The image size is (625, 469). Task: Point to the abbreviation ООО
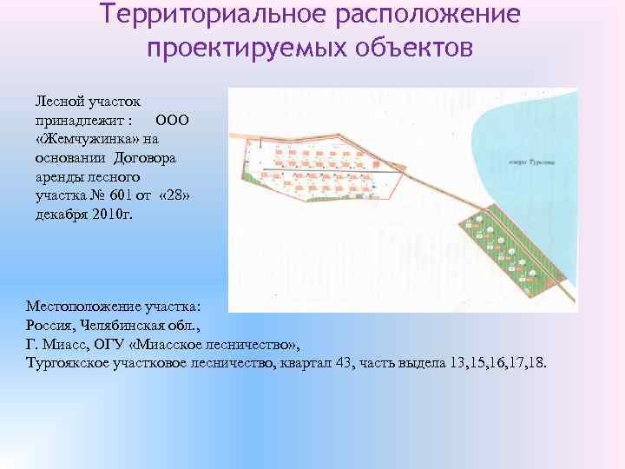170,120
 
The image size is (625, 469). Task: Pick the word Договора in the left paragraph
146,158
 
